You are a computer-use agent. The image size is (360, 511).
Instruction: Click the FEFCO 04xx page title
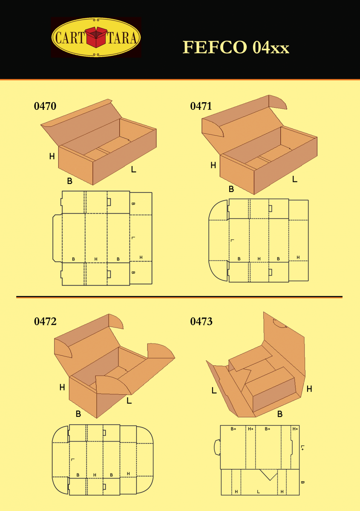(x=236, y=47)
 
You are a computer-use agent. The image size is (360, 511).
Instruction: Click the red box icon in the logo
(x=96, y=37)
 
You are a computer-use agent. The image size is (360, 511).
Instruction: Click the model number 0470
(x=45, y=106)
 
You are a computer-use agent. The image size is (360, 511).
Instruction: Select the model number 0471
(x=201, y=106)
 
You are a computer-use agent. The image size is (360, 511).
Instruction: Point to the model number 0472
(x=45, y=322)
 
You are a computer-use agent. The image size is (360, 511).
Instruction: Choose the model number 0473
(x=201, y=322)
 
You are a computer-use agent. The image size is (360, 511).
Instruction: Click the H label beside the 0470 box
(x=52, y=156)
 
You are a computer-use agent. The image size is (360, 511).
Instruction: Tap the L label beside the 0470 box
(x=133, y=169)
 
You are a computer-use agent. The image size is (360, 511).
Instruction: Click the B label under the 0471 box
(x=231, y=189)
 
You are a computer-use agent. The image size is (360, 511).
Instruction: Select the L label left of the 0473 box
(x=214, y=390)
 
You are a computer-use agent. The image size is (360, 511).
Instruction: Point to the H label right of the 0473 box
(x=309, y=389)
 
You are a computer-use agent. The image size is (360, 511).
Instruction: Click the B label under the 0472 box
(x=78, y=413)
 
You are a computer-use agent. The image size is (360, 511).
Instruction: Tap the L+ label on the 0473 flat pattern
(x=302, y=447)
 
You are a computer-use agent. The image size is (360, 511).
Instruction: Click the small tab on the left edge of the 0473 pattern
(x=216, y=447)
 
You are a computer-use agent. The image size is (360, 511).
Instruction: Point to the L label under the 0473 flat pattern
(x=258, y=491)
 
